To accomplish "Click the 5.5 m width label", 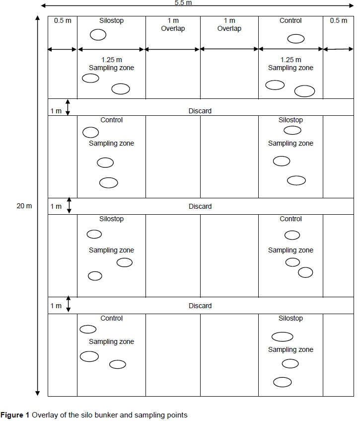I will (x=183, y=2).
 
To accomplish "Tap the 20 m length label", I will (x=24, y=206).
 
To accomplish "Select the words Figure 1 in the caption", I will (x=15, y=415).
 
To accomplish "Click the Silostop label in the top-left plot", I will (x=111, y=21).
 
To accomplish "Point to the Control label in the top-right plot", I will (x=290, y=21).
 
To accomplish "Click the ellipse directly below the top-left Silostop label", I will (x=98, y=35).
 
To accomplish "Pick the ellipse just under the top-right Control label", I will (x=296, y=39).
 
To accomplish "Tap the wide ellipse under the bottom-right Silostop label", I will (x=282, y=337).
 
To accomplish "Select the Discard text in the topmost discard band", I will (x=200, y=111).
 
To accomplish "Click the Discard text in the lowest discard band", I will (x=200, y=306).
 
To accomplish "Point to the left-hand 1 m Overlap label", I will (x=173, y=25).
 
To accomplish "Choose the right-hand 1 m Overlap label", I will (x=229, y=25).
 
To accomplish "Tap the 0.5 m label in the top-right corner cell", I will (x=339, y=21).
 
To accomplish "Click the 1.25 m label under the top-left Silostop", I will (x=111, y=60).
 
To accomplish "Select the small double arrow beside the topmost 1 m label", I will (x=68, y=107).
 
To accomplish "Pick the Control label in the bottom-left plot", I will (x=111, y=318).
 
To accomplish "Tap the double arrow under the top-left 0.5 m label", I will (x=62, y=49).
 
